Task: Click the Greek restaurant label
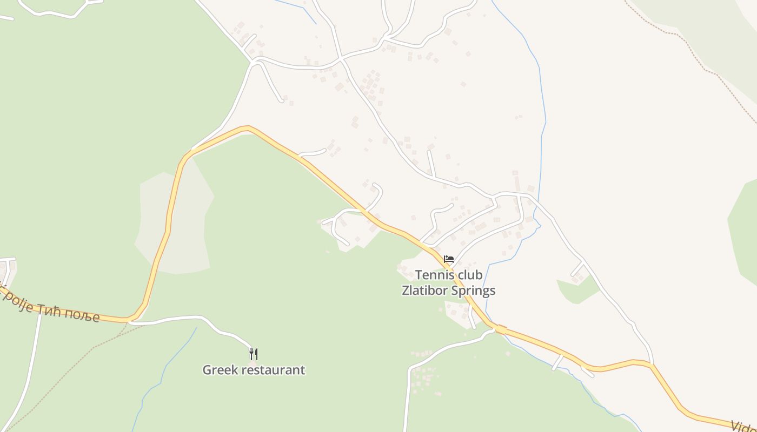click(254, 370)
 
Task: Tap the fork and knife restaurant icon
click(253, 354)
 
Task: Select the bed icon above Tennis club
click(448, 259)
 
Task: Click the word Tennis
click(434, 275)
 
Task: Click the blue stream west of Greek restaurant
click(162, 373)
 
